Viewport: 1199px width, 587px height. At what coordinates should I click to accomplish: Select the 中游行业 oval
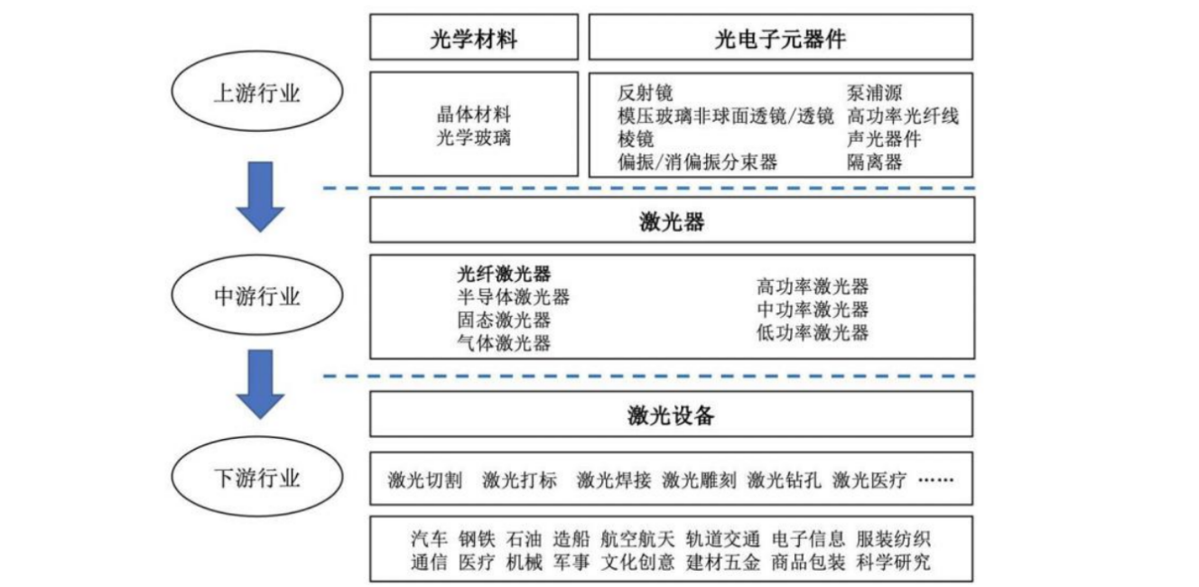tap(256, 296)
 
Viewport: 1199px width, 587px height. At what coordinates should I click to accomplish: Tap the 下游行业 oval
tap(256, 477)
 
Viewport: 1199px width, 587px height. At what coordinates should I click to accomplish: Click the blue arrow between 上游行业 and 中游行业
tap(260, 195)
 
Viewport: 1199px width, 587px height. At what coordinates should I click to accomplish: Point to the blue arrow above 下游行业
tap(260, 383)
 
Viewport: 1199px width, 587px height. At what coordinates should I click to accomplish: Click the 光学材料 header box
tap(474, 38)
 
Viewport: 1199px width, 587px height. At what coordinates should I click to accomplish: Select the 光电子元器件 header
tap(780, 38)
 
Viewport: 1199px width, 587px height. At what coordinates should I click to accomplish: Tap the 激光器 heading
tap(672, 221)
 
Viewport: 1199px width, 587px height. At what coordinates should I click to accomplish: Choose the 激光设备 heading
tap(672, 415)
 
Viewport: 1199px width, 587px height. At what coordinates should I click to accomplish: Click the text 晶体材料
tap(474, 116)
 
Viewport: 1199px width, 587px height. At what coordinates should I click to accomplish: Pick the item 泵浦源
tap(874, 93)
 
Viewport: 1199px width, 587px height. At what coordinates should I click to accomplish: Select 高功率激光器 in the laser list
tap(813, 287)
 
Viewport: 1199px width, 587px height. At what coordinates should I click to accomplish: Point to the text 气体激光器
tap(504, 343)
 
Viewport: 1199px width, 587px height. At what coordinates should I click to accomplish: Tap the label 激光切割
tap(425, 480)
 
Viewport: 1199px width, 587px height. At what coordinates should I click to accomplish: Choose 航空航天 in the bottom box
tap(637, 540)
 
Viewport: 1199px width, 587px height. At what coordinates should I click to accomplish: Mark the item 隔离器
tap(874, 163)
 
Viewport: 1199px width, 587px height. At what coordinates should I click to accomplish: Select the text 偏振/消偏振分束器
tap(697, 163)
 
